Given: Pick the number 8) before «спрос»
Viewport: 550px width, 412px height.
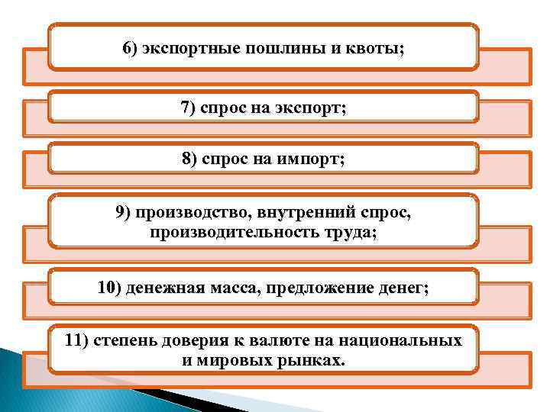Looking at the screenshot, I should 189,159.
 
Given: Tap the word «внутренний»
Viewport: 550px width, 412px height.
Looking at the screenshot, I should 293,213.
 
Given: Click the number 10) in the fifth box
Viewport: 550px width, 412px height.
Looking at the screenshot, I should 109,288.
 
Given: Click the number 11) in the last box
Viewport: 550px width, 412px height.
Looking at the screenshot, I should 77,340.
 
